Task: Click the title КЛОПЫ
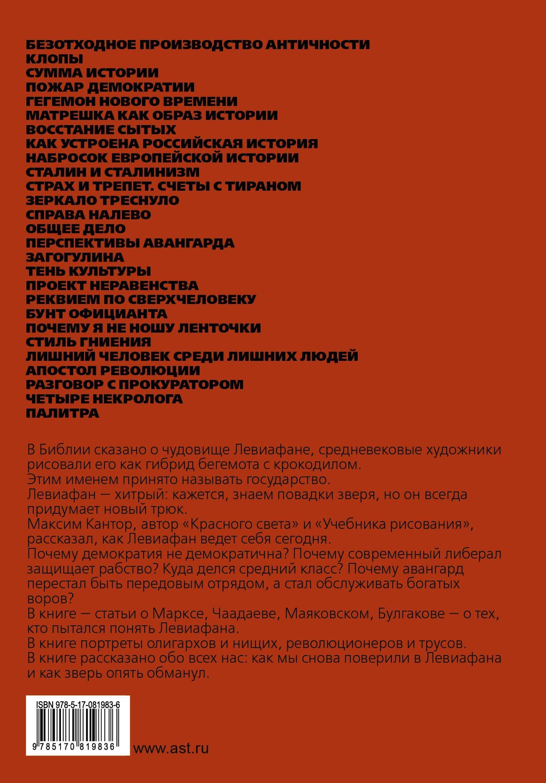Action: [54, 59]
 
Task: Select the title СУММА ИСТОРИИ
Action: [92, 73]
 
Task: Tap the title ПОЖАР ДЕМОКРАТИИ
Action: [110, 87]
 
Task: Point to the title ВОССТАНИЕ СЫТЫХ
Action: [101, 129]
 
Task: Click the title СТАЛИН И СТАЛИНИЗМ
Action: [113, 172]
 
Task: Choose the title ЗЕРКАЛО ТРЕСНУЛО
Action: [102, 201]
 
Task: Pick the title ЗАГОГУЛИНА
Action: [75, 257]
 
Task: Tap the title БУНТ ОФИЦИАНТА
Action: [97, 314]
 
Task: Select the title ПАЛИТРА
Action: [62, 413]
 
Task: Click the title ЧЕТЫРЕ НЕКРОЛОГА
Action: [104, 399]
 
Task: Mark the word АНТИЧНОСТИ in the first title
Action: [317, 45]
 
